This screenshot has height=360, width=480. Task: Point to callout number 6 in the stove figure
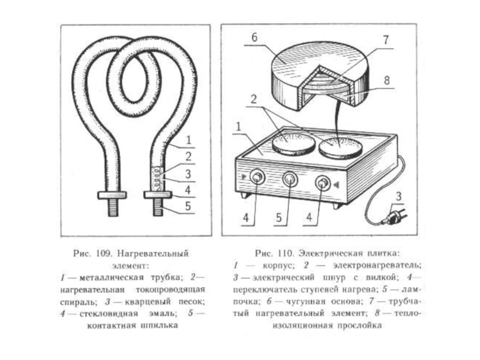[254, 37]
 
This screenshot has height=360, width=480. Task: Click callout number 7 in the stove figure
[385, 40]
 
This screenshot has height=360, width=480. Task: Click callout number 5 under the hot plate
[278, 217]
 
